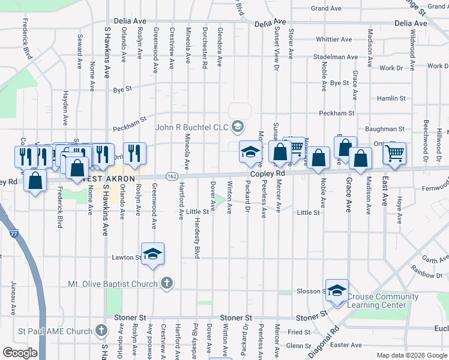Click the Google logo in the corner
point(20,353)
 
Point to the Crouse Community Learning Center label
point(382,301)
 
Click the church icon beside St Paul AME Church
point(101,331)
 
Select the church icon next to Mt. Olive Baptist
point(167,283)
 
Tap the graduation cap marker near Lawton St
point(153,253)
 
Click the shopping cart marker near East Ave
point(394,153)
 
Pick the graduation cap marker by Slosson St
point(337,290)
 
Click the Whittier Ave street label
point(334,39)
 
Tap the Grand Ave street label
point(327,8)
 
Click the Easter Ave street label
point(346,345)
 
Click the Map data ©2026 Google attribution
point(412,355)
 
